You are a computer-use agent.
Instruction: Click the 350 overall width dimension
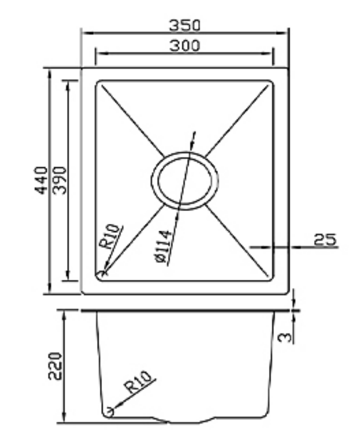[185, 25]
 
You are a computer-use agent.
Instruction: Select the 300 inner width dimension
[185, 46]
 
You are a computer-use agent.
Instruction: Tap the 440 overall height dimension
[41, 180]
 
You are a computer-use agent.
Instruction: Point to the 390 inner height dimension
[60, 180]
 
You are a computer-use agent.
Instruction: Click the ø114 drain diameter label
[163, 247]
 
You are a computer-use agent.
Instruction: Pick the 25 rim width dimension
[325, 239]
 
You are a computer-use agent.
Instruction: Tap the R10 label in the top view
[111, 237]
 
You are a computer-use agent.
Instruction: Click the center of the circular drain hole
[185, 181]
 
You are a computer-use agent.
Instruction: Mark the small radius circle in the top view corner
[102, 273]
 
